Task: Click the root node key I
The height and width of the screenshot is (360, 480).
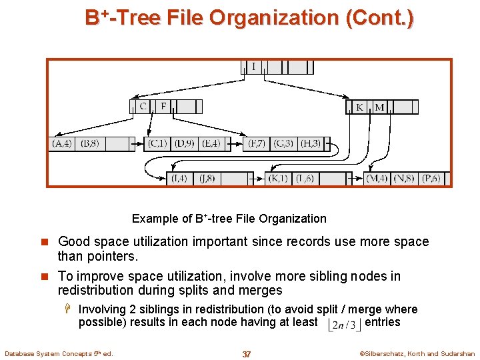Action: coord(253,67)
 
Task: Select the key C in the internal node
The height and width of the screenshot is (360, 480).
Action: coord(143,107)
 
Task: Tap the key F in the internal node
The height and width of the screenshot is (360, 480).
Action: coord(164,107)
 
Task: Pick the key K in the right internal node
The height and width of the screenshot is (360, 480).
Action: coord(359,107)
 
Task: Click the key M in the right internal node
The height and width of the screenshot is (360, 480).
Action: coord(379,107)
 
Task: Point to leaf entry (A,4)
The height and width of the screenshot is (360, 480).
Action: coord(62,143)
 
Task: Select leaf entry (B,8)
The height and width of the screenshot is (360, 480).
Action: coord(89,143)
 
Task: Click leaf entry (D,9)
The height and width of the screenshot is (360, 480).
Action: coord(184,143)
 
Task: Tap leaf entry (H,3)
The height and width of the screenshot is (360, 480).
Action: coord(309,143)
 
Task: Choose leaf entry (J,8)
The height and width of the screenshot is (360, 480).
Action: coord(205,179)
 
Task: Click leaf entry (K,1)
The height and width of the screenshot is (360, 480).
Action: coord(277,179)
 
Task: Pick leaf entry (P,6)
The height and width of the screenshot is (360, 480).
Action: coord(431,179)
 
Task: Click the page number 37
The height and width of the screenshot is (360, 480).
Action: coord(247,354)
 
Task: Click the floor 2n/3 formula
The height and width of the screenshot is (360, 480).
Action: coord(345,325)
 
